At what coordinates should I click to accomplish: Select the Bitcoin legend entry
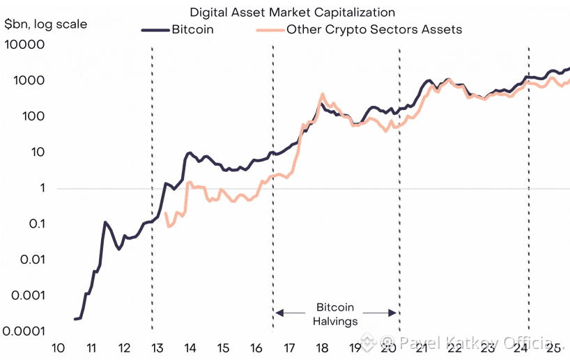[192, 30]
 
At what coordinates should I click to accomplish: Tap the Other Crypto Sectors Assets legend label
[374, 30]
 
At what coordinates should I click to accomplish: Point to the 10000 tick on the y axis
[24, 45]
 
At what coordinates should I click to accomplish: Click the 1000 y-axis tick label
[29, 81]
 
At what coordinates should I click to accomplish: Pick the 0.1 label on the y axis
[33, 224]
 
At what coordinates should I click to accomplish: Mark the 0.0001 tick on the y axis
[24, 331]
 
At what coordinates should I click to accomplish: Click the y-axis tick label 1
[42, 189]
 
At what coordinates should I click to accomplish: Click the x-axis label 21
[419, 348]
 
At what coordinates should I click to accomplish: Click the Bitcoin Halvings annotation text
[336, 314]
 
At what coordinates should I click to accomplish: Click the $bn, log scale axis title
[46, 25]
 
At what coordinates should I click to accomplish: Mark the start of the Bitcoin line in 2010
[75, 319]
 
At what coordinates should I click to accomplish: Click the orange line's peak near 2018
[322, 94]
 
